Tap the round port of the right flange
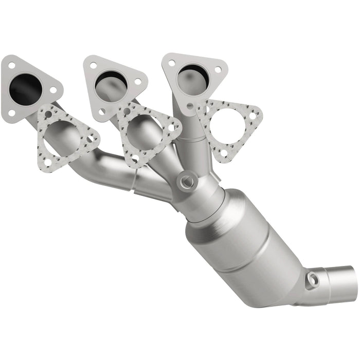pyautogui.click(x=192, y=77)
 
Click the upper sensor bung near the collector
pyautogui.click(x=186, y=181)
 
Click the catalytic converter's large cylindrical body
pyautogui.click(x=242, y=237)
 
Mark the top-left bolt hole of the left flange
pyautogui.click(x=10, y=65)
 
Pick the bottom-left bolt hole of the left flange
pyautogui.click(x=11, y=112)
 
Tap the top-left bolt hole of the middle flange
pyautogui.click(x=93, y=66)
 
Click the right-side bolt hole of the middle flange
pyautogui.click(x=137, y=81)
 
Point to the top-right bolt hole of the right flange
pyautogui.click(x=218, y=69)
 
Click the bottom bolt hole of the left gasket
pyautogui.click(x=47, y=163)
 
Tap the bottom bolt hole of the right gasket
pyautogui.click(x=223, y=153)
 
